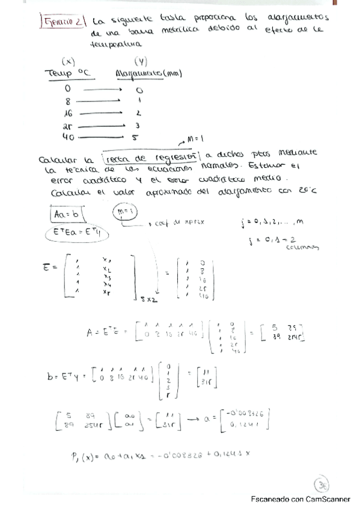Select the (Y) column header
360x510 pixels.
pyautogui.click(x=141, y=61)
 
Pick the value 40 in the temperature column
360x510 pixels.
pyautogui.click(x=68, y=137)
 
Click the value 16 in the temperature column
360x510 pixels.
pyautogui.click(x=67, y=113)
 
